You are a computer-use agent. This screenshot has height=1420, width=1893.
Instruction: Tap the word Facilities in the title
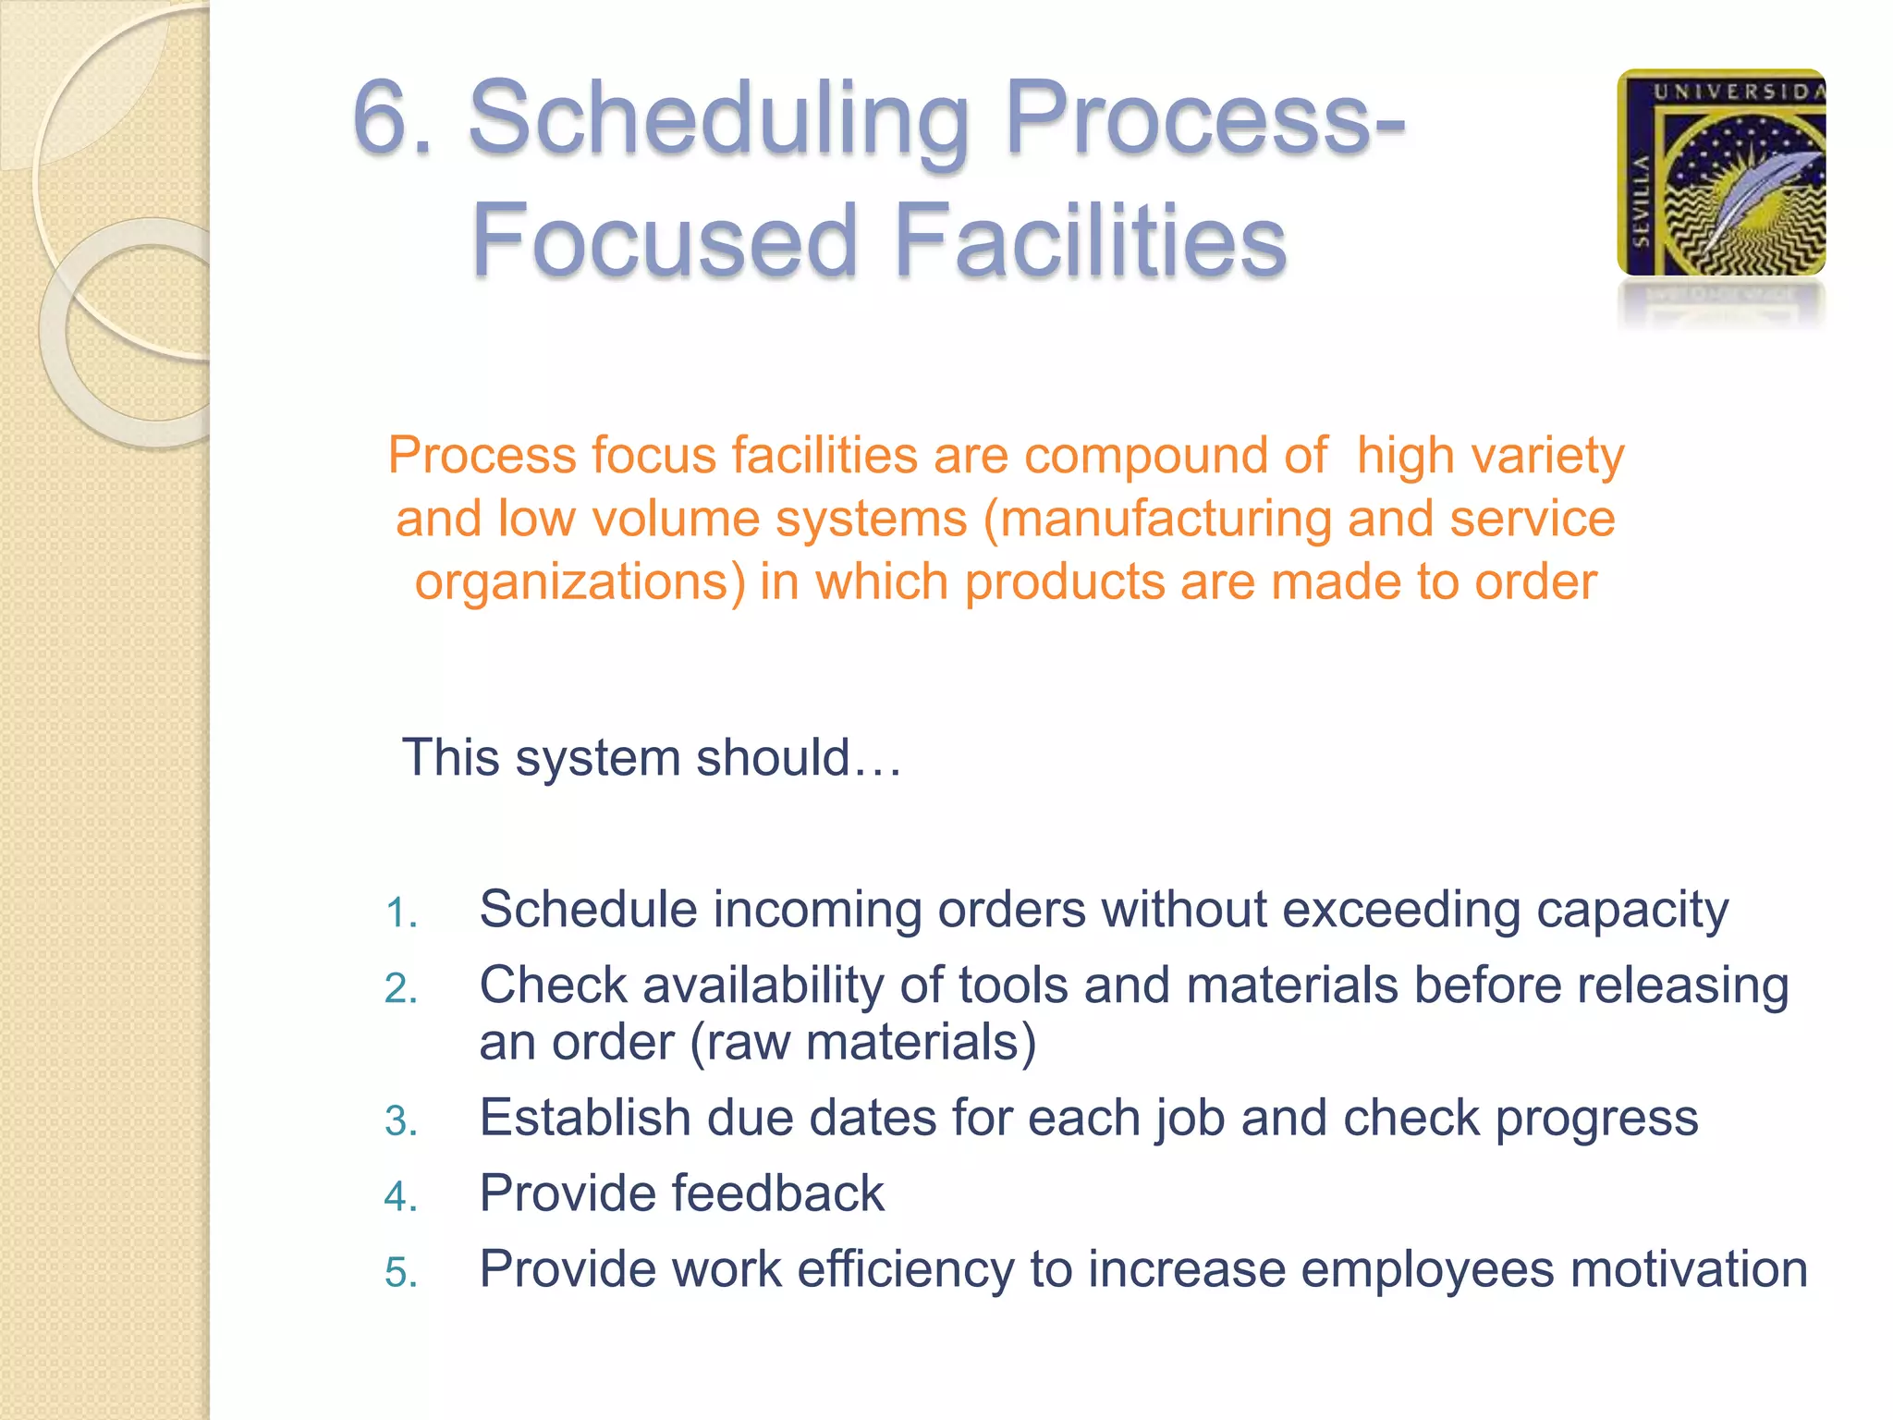tap(1090, 241)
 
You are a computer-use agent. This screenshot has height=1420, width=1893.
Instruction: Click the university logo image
tap(1721, 173)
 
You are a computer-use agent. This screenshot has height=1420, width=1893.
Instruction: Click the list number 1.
tap(401, 913)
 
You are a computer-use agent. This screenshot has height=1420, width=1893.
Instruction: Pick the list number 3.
tap(401, 1121)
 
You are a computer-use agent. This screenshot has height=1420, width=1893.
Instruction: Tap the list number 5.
tap(401, 1273)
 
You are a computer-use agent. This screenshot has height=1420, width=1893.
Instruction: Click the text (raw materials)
tap(863, 1043)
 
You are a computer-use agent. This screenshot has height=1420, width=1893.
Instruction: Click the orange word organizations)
tap(580, 582)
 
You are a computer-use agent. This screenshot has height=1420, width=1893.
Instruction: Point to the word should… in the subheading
tap(799, 758)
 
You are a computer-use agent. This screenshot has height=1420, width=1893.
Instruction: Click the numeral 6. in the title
tap(394, 121)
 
